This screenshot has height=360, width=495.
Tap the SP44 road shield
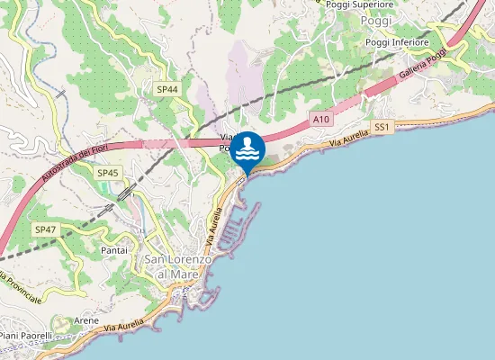167,89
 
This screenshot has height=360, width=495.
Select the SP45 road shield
108,172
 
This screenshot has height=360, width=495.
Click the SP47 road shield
46,230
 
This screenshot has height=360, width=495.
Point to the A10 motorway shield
321,118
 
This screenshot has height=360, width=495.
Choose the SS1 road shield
382,128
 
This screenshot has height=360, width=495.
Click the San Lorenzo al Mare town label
178,266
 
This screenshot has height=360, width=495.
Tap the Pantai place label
114,249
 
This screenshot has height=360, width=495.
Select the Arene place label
86,320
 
